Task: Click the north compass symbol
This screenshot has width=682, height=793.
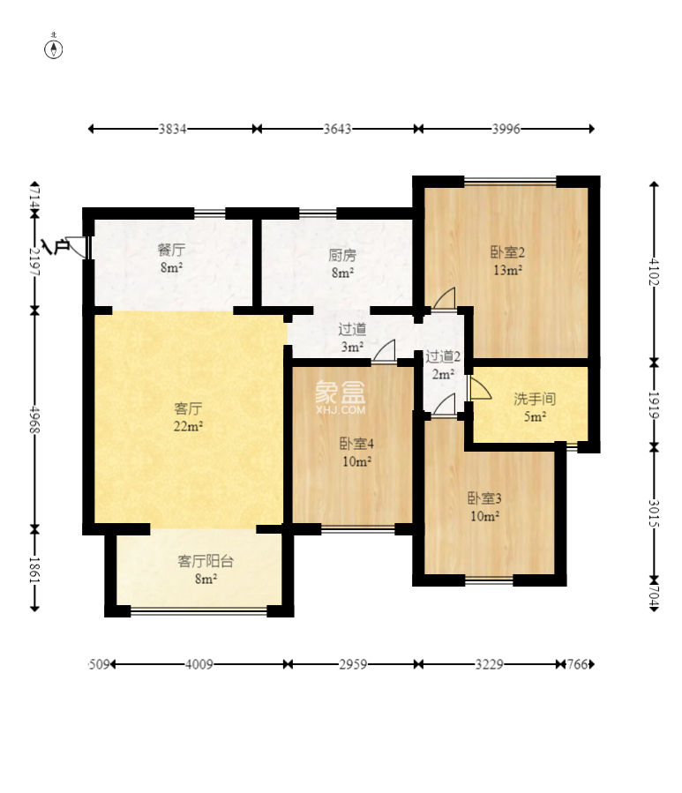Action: [54, 49]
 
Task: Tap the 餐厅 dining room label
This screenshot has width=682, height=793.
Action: [171, 250]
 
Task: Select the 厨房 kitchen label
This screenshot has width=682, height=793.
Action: [342, 255]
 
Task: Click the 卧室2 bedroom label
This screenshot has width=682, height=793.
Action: [507, 252]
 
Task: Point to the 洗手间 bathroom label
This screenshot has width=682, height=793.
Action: [535, 399]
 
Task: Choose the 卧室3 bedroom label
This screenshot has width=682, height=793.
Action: [484, 498]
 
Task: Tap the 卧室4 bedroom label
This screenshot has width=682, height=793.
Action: [356, 444]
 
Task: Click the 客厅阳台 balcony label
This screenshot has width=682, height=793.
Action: [206, 561]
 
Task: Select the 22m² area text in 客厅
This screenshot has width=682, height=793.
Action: [188, 426]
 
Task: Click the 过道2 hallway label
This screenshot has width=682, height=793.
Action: [443, 357]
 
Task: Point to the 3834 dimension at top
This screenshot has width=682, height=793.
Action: [173, 129]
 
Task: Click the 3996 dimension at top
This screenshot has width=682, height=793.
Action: [506, 129]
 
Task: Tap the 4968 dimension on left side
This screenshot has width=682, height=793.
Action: [34, 419]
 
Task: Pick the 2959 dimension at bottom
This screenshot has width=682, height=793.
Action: [353, 664]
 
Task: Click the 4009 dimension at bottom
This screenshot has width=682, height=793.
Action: [199, 664]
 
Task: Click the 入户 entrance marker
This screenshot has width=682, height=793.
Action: [56, 246]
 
